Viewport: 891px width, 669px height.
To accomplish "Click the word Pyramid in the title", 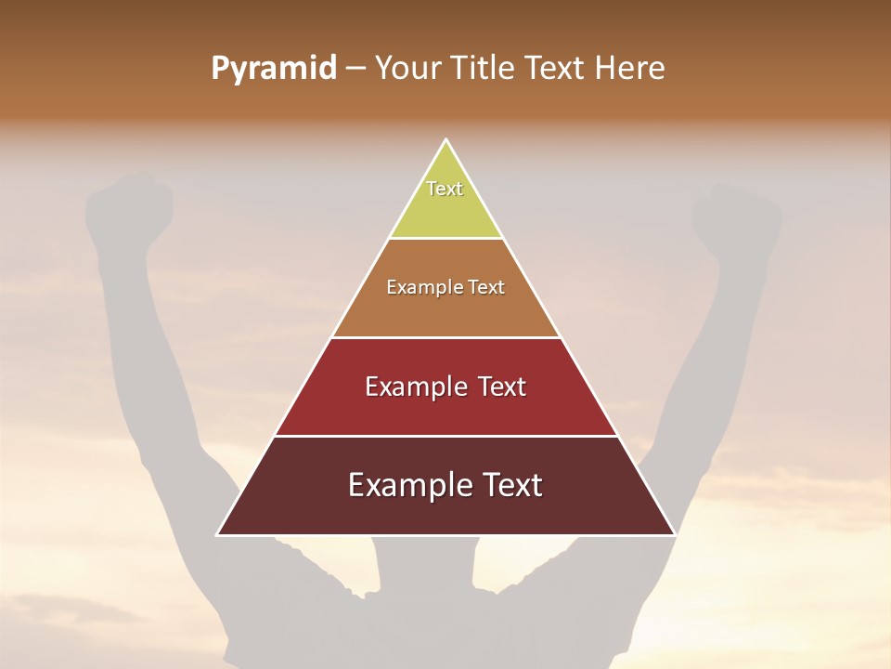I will tap(273, 69).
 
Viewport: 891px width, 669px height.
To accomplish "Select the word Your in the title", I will tap(407, 68).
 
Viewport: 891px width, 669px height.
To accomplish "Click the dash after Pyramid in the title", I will tap(355, 69).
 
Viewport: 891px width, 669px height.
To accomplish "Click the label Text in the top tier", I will tap(445, 189).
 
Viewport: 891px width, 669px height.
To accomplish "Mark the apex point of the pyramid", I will tap(446, 139).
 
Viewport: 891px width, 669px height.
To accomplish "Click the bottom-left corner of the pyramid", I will tap(217, 534).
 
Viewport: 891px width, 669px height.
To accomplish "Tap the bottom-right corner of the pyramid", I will tap(675, 534).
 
